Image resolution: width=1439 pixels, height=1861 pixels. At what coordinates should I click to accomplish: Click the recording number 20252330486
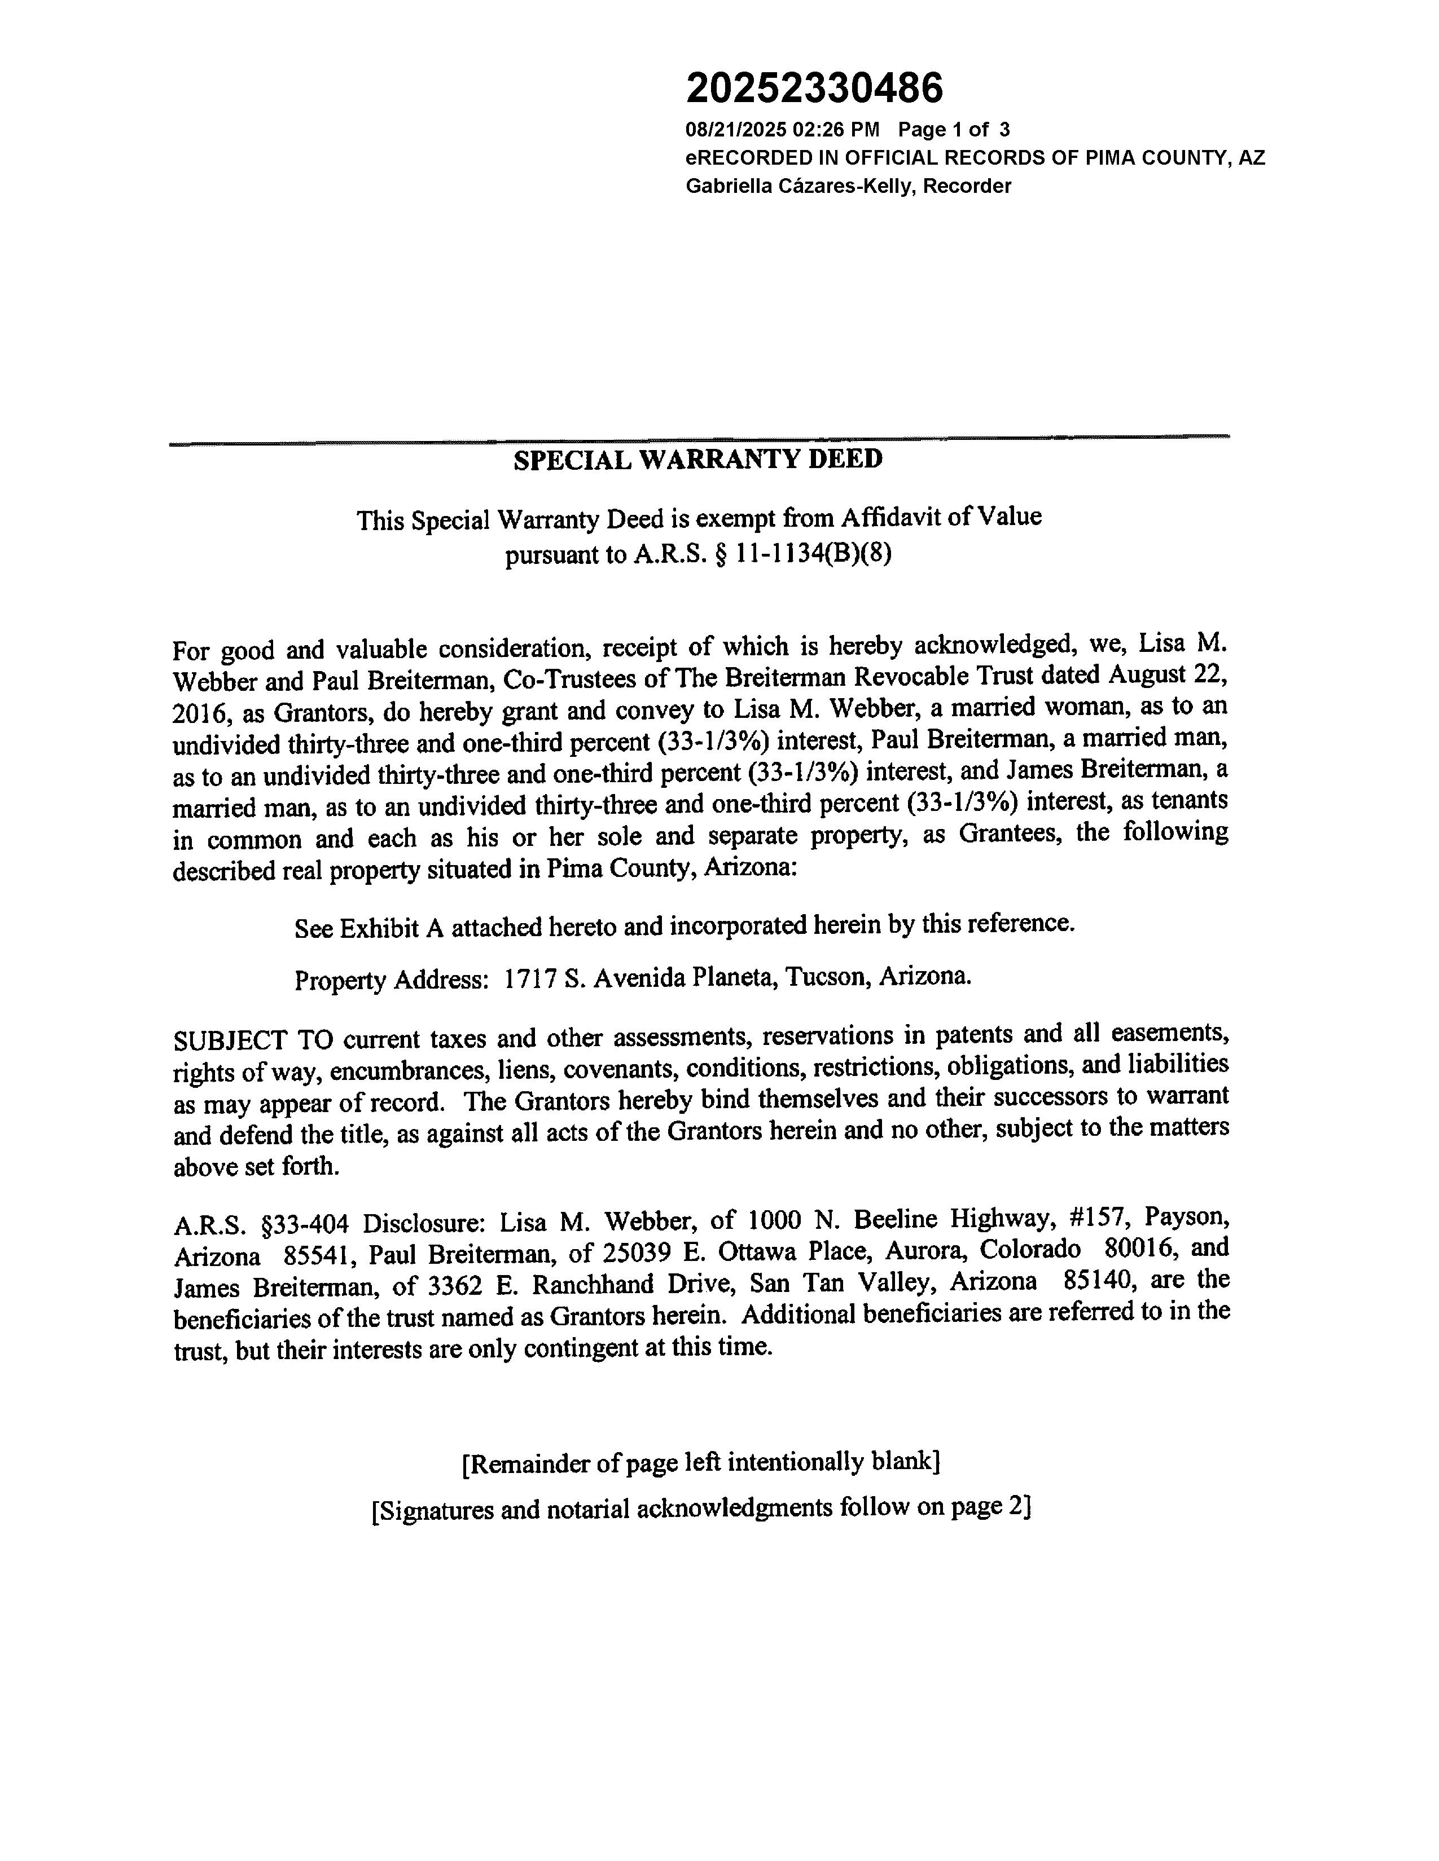[x=814, y=88]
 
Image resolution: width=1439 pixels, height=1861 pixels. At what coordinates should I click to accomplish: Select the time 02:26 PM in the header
[x=835, y=130]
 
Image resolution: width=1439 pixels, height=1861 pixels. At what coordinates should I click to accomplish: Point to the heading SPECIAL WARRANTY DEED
[x=697, y=460]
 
